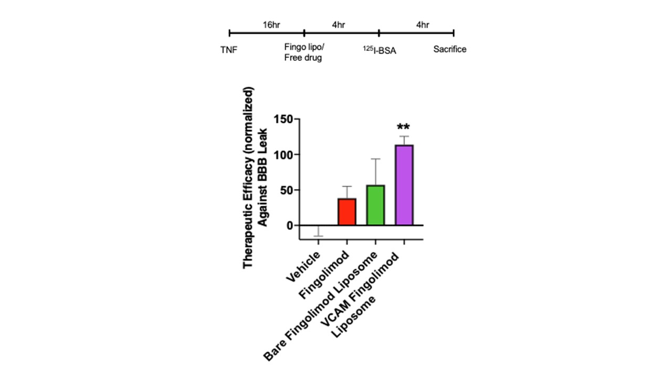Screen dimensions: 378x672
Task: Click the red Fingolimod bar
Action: pyautogui.click(x=346, y=212)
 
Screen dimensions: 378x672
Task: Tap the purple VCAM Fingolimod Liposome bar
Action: pyautogui.click(x=404, y=185)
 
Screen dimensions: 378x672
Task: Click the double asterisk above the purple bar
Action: pyautogui.click(x=404, y=128)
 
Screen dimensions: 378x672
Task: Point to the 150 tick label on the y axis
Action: pyautogui.click(x=282, y=119)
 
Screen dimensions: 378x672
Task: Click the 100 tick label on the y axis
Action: pyautogui.click(x=282, y=154)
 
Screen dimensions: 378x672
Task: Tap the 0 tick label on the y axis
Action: pyautogui.click(x=289, y=225)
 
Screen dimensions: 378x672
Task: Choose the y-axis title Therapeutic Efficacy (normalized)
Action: pyautogui.click(x=248, y=177)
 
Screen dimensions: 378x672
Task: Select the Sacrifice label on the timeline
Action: pyautogui.click(x=450, y=50)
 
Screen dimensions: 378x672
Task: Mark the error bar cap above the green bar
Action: pyautogui.click(x=375, y=159)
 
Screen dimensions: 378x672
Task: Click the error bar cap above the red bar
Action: pyautogui.click(x=346, y=186)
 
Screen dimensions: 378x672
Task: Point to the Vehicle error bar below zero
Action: pyautogui.click(x=318, y=236)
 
